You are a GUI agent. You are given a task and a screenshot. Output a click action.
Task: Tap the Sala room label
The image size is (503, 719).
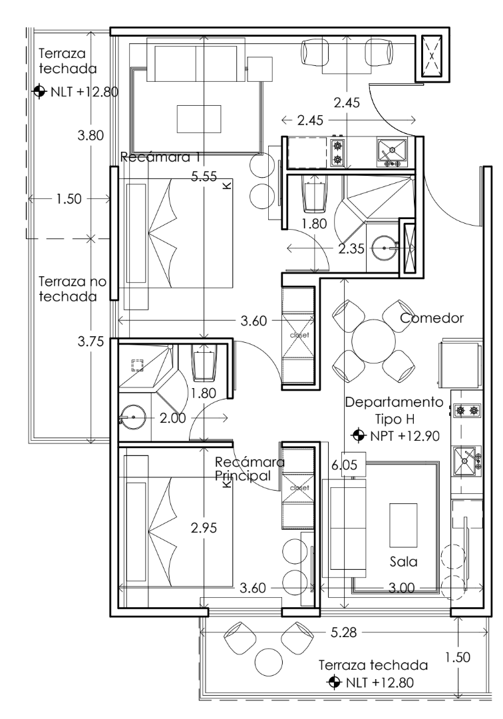click(x=403, y=561)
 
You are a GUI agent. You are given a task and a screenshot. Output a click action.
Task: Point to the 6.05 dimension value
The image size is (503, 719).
click(x=343, y=467)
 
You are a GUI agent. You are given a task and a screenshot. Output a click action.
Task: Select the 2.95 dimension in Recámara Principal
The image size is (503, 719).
click(x=204, y=528)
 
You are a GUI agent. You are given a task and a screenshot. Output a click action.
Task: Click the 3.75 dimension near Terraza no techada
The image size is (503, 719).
click(x=90, y=342)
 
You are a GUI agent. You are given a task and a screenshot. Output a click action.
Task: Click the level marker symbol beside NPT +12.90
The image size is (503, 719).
click(x=359, y=435)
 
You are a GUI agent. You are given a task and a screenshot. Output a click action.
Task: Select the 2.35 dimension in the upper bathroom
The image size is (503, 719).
click(x=352, y=249)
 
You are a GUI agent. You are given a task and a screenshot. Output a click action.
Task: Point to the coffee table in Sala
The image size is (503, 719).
click(x=403, y=523)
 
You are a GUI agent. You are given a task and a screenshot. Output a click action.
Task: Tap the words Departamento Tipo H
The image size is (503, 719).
click(x=394, y=410)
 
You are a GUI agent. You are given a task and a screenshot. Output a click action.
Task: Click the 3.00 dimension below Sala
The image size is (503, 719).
click(x=402, y=588)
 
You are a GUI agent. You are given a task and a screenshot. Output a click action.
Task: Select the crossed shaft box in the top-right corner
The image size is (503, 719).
click(x=430, y=56)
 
